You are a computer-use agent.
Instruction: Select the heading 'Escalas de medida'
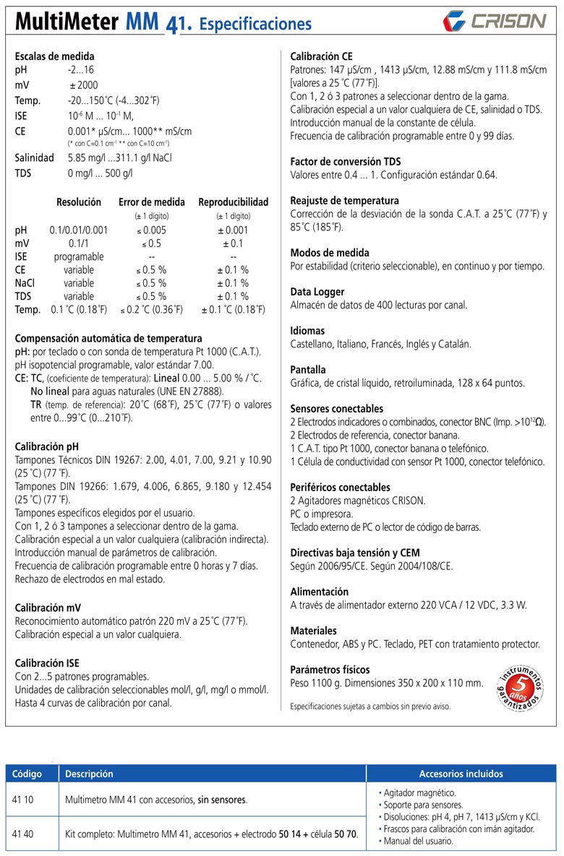click(54, 56)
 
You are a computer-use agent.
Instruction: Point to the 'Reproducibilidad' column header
click(233, 202)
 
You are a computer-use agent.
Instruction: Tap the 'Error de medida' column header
click(152, 202)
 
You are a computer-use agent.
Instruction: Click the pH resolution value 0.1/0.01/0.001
click(79, 230)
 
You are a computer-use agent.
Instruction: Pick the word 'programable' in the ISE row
click(79, 256)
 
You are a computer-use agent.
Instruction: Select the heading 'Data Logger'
click(317, 292)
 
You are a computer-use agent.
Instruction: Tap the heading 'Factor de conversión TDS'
click(345, 161)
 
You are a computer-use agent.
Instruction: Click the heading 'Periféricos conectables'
click(340, 487)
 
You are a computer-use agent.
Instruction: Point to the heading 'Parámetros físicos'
click(330, 669)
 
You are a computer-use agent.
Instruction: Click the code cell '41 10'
click(24, 800)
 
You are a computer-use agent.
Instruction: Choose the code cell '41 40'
click(24, 834)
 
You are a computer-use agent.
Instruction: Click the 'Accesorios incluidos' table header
click(461, 774)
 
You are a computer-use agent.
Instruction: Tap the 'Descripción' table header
click(89, 774)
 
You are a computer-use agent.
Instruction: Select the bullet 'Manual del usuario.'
click(415, 841)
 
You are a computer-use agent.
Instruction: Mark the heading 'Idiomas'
click(307, 331)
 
